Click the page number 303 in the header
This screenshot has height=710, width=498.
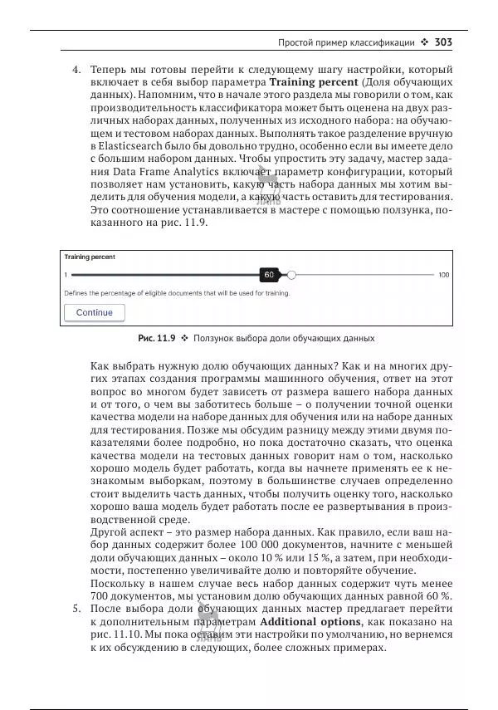[442, 42]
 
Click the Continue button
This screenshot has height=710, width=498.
[94, 313]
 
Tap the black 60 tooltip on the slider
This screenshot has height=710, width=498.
[269, 274]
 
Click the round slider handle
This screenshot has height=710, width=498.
[290, 274]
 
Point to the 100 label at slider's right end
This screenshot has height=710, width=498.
[444, 274]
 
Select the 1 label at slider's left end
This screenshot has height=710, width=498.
[66, 274]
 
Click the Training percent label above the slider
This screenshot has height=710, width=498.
[90, 257]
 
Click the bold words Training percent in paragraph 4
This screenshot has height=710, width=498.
[313, 83]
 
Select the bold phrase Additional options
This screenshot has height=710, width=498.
[310, 621]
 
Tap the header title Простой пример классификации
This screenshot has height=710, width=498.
[345, 42]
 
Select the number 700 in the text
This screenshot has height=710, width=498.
[100, 596]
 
